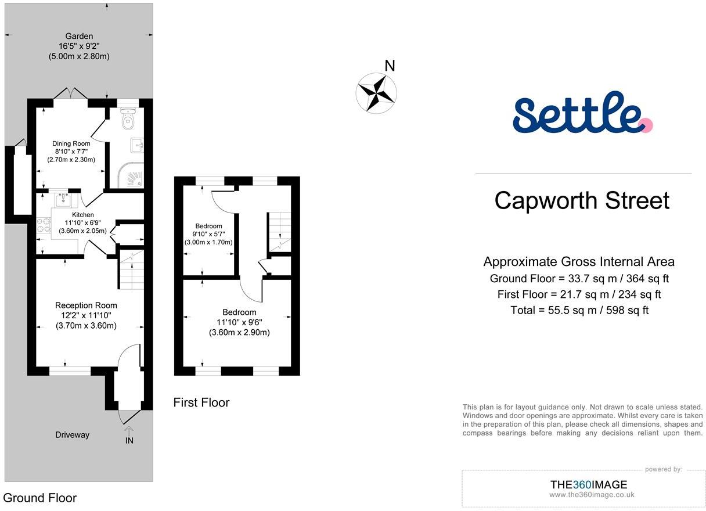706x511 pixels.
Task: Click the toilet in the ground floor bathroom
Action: (128, 118)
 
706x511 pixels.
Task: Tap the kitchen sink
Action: (63, 200)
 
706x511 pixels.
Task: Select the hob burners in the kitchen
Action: (44, 225)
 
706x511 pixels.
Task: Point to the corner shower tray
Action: (131, 175)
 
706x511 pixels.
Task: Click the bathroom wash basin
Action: (137, 145)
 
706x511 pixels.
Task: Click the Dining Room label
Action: (71, 143)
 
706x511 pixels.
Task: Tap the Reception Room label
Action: (86, 305)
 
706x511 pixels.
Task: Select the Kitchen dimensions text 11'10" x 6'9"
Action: (82, 222)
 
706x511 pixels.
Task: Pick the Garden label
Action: (79, 36)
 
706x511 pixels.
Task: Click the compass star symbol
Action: (376, 93)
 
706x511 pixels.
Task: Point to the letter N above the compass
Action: (390, 66)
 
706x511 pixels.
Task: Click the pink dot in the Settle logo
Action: (647, 125)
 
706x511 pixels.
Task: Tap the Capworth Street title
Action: (582, 200)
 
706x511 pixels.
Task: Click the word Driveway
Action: (72, 435)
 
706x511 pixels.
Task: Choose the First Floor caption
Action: (201, 402)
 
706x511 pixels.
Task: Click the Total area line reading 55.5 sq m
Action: (579, 310)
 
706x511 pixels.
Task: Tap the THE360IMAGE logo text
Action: (589, 484)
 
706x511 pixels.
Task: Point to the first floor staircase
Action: (279, 232)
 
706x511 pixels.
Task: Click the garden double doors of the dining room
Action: (70, 93)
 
